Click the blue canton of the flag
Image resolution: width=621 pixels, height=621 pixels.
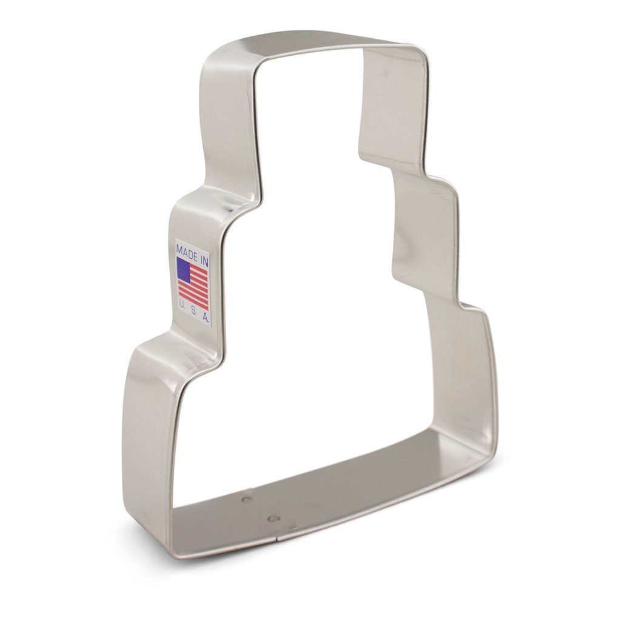(183, 267)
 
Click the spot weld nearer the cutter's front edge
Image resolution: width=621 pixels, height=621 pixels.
(274, 519)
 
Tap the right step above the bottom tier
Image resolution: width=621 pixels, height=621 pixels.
(467, 306)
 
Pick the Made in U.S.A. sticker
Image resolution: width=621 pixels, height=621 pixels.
(193, 282)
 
